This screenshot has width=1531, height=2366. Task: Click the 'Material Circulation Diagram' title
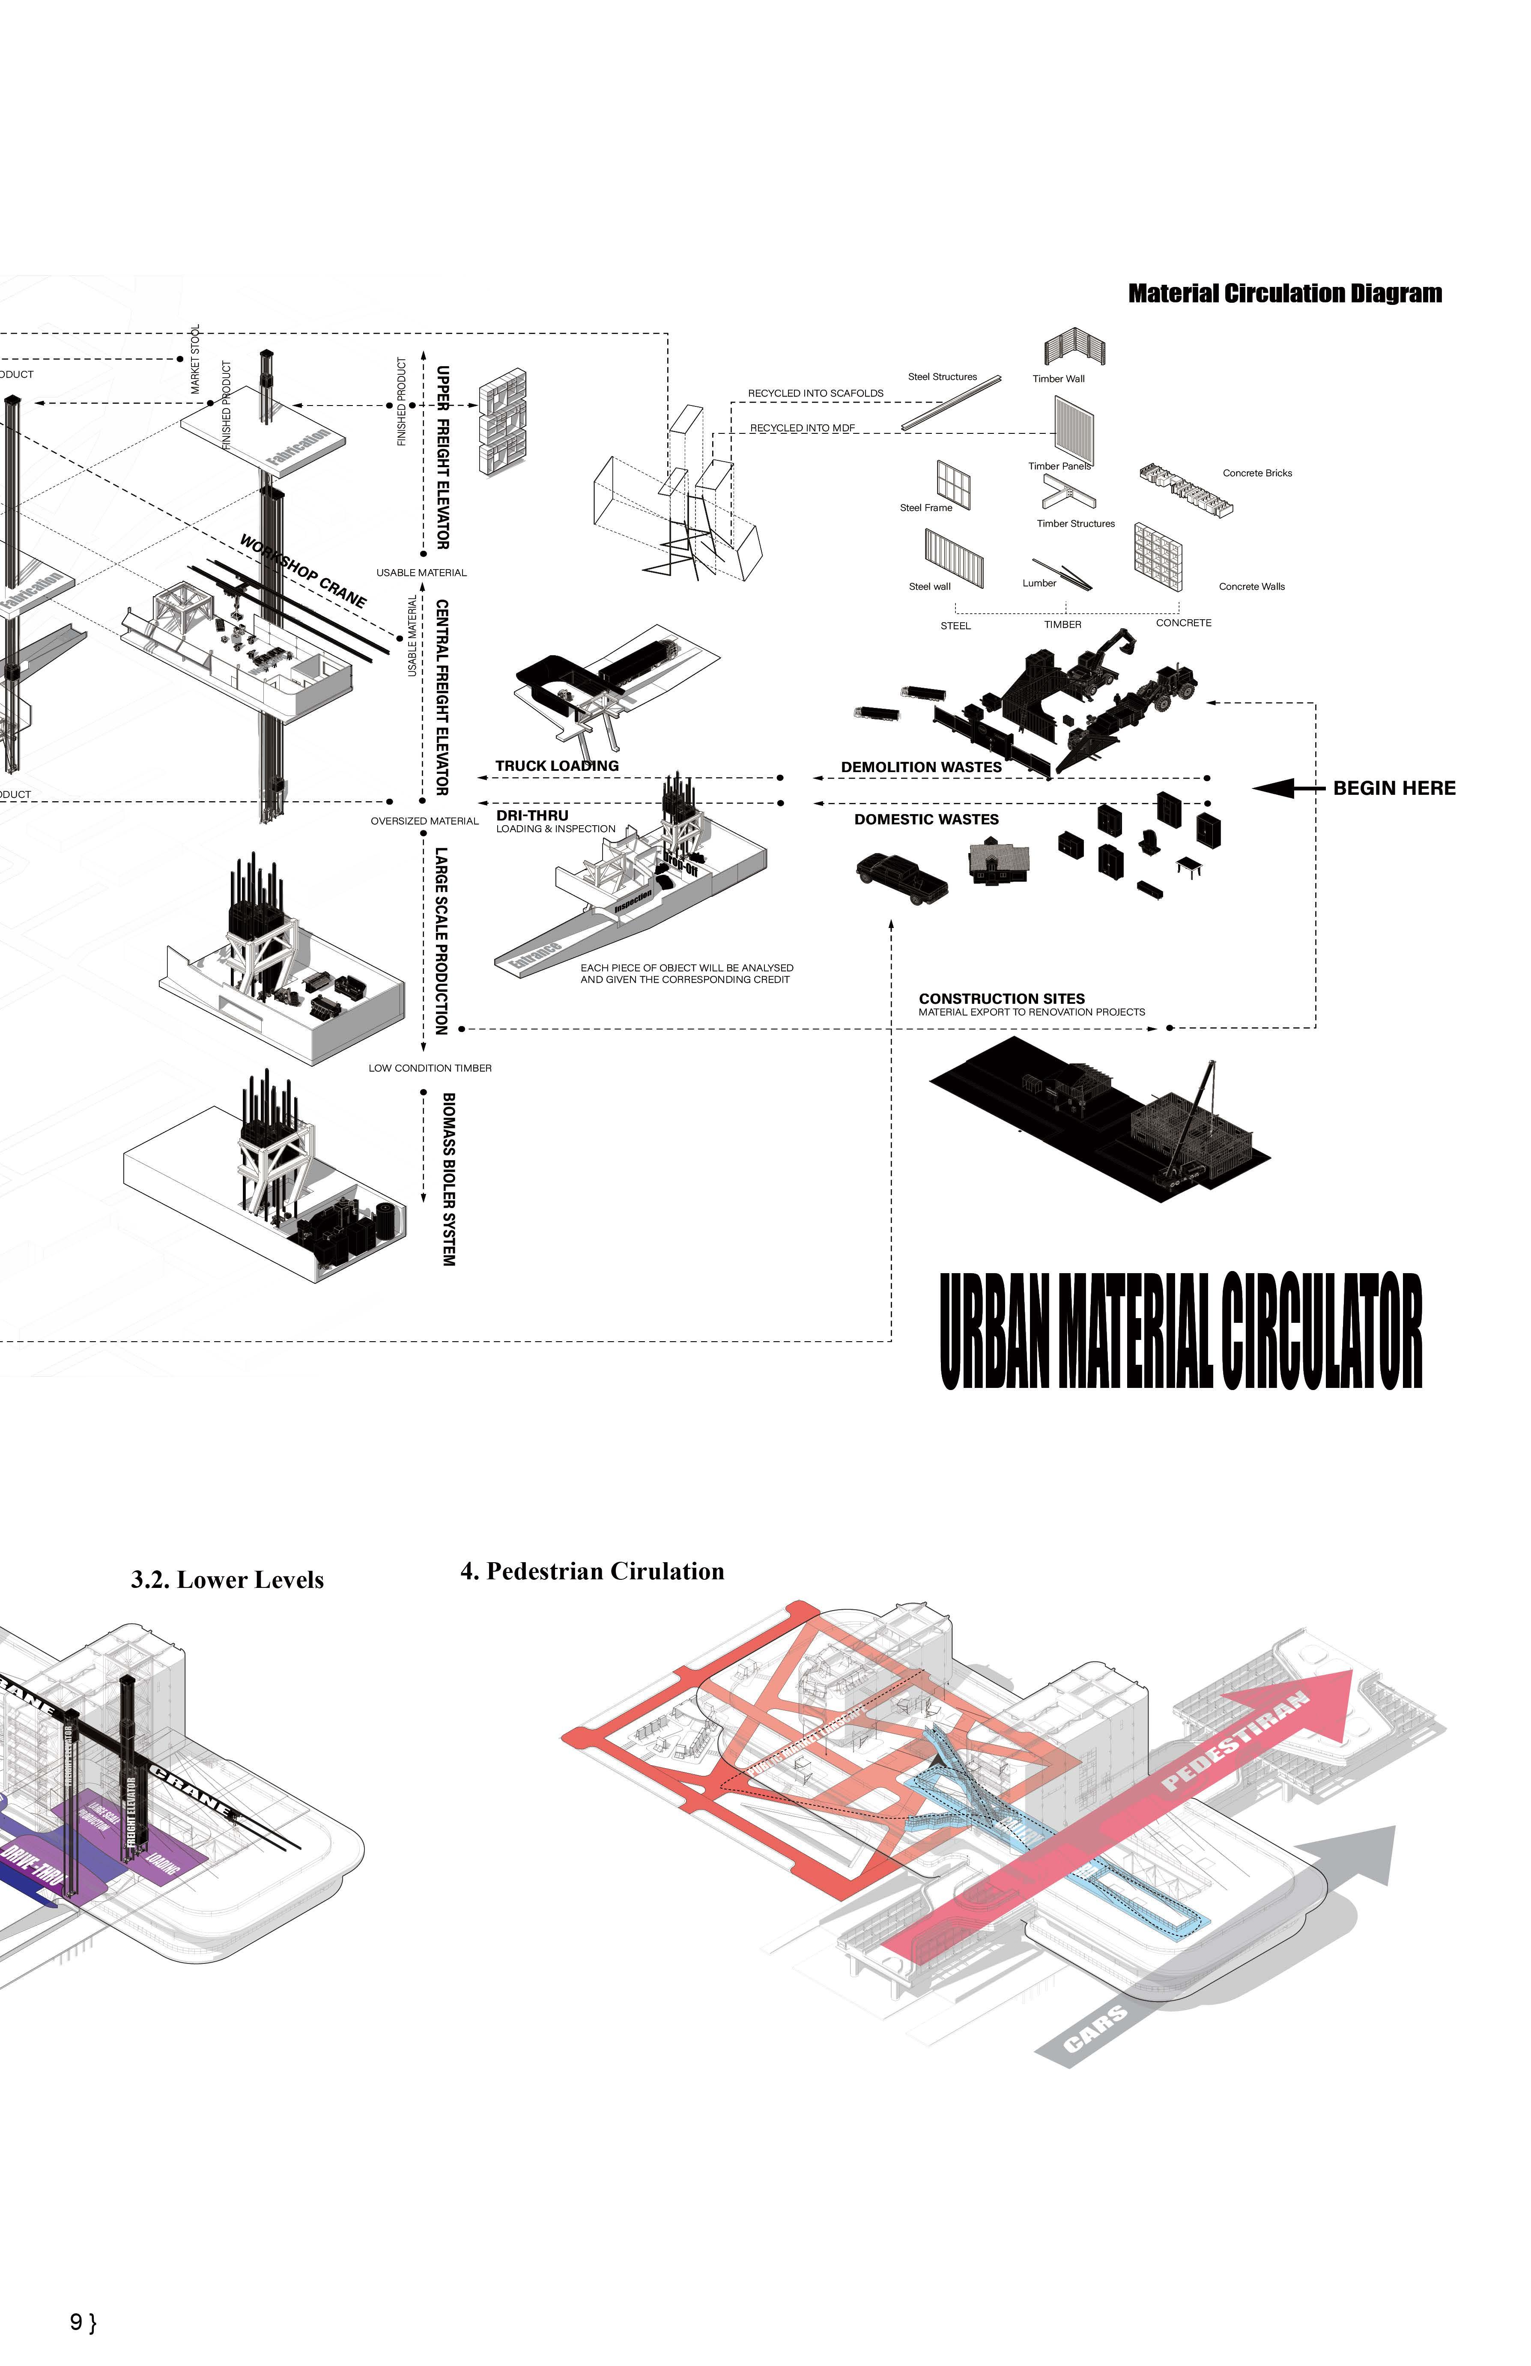[1284, 293]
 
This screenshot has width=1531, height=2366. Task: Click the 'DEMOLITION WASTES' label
[921, 767]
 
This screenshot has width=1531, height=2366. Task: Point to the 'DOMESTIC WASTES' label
[925, 819]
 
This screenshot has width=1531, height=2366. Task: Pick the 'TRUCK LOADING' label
[557, 766]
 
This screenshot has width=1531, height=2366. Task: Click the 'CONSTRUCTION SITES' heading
[1001, 998]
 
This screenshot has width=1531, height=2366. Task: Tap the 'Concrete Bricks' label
[1256, 473]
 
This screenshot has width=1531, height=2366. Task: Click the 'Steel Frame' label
[925, 508]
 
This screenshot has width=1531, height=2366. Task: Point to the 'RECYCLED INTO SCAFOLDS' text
[815, 394]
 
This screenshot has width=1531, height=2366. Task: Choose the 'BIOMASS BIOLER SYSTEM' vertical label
[448, 1179]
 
